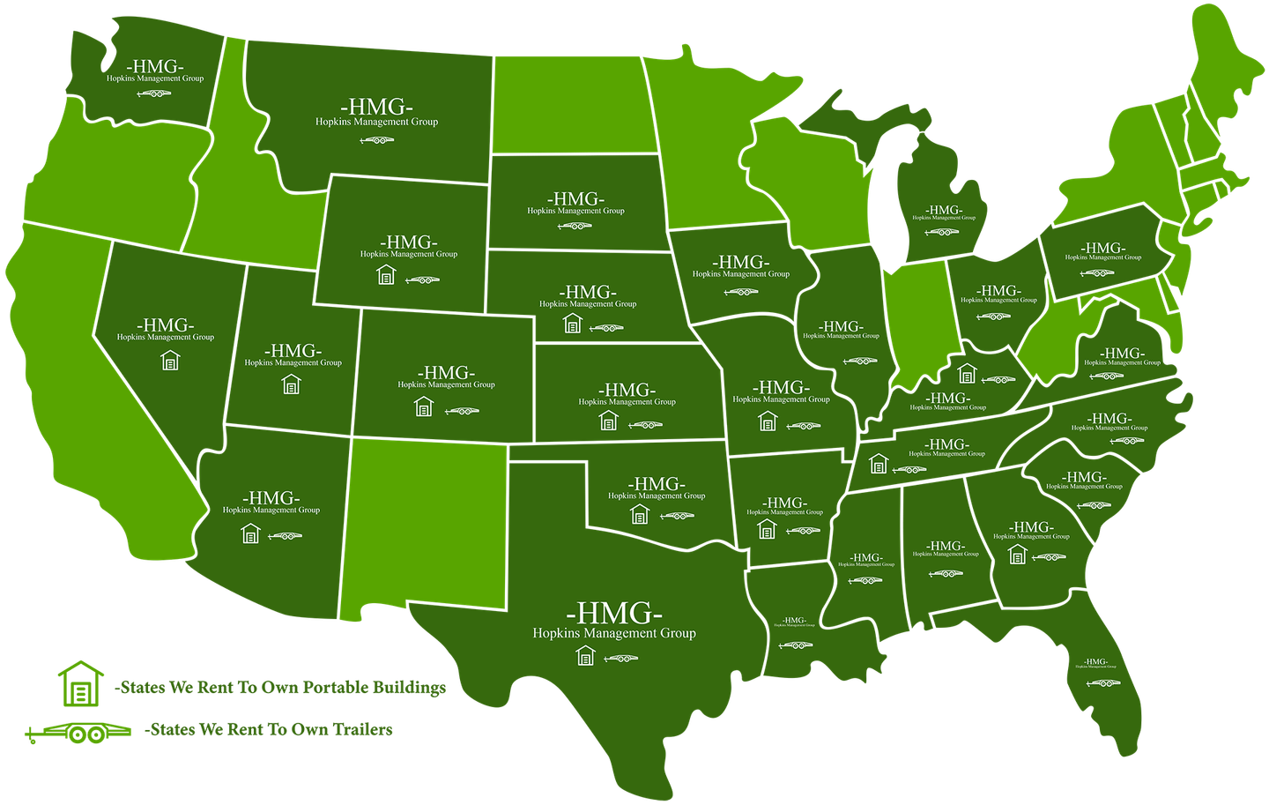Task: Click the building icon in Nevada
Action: (170, 361)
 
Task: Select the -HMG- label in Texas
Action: (613, 612)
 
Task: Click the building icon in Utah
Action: (292, 384)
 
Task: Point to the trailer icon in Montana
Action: (377, 140)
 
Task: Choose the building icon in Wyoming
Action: (386, 275)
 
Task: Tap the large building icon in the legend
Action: (81, 683)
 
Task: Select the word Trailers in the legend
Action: (363, 729)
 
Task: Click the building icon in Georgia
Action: (1018, 555)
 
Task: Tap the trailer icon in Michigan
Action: (942, 233)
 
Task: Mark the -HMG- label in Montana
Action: (376, 108)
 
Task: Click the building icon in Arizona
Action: (251, 533)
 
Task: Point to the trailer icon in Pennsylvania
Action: (1097, 273)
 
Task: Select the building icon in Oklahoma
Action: (640, 513)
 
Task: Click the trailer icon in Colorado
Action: (462, 411)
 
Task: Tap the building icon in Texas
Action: (585, 656)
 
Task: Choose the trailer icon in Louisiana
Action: (795, 645)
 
